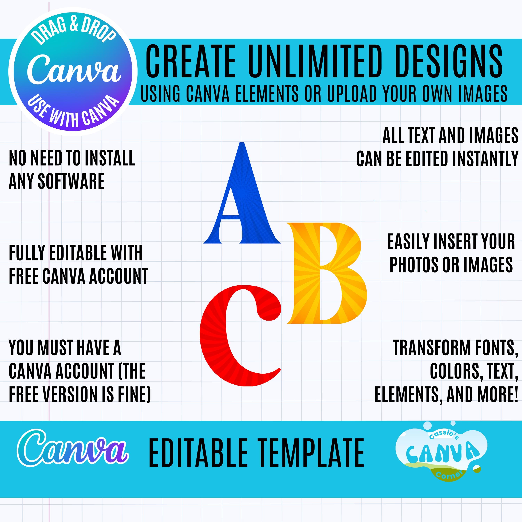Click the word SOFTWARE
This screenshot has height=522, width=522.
(x=71, y=181)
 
